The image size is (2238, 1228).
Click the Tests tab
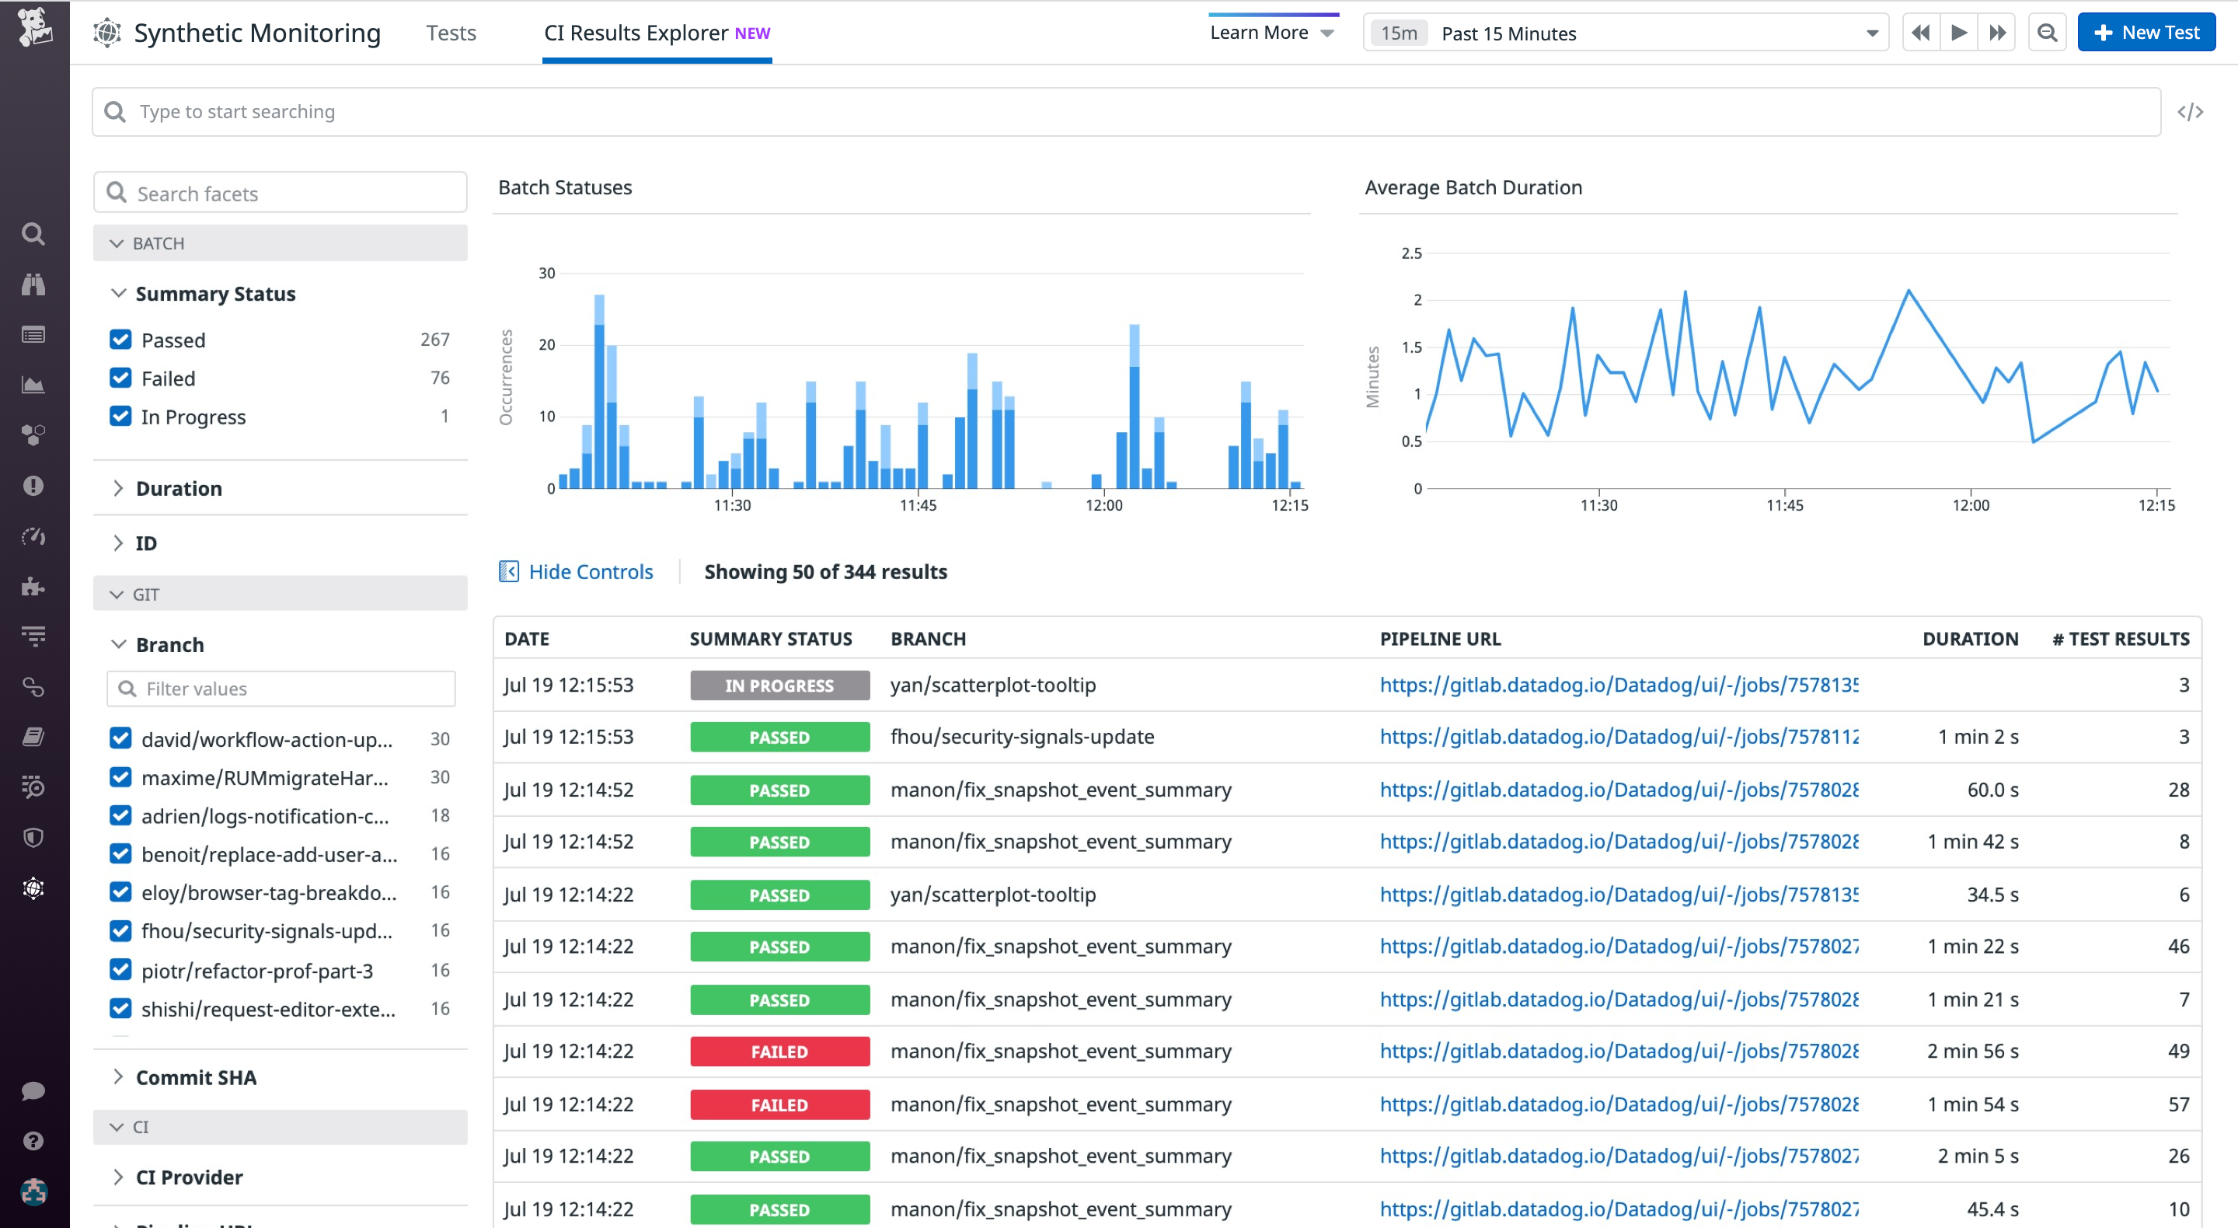click(x=451, y=33)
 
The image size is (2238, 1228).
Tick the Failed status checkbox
click(x=120, y=378)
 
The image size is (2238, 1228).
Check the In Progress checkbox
click(x=120, y=417)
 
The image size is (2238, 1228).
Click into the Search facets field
click(x=280, y=193)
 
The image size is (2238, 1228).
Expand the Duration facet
click(x=178, y=488)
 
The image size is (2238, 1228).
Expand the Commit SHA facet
click(x=196, y=1078)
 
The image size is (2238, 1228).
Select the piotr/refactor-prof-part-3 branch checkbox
click(x=120, y=970)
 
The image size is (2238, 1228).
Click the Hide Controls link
click(x=590, y=572)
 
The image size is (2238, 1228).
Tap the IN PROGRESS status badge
click(x=779, y=686)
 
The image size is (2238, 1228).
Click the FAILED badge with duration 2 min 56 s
click(x=779, y=1052)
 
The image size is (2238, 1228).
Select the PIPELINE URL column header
click(x=1440, y=639)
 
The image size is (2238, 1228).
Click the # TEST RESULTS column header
click(x=2120, y=639)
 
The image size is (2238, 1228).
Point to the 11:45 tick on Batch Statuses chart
click(x=918, y=505)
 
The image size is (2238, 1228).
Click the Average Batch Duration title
click(x=1473, y=188)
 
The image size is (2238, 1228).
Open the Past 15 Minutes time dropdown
click(x=1625, y=33)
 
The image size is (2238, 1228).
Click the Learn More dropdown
click(x=1271, y=33)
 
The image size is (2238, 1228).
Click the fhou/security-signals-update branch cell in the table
click(x=1022, y=737)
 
